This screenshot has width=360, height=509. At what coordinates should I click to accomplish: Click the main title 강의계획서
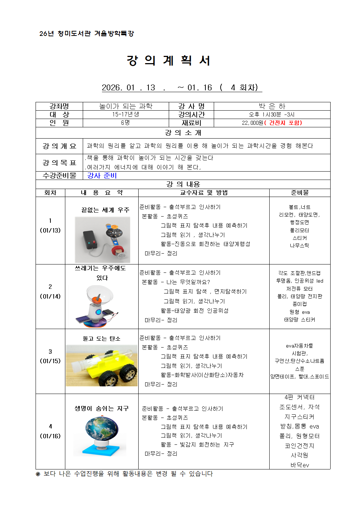(168, 61)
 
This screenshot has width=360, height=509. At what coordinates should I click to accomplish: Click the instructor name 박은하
(272, 106)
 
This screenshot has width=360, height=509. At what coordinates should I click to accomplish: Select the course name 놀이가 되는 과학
(126, 106)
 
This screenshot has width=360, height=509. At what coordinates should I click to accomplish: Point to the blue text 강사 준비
(102, 176)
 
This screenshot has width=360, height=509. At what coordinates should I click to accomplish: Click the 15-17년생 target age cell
(126, 115)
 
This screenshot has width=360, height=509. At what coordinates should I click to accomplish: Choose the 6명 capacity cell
(126, 123)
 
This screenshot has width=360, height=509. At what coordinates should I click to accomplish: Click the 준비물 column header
(300, 193)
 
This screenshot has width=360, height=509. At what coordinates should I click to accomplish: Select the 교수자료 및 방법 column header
(204, 193)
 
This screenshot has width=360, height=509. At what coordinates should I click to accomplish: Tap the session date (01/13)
(50, 230)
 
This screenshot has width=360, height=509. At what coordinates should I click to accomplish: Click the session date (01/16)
(50, 436)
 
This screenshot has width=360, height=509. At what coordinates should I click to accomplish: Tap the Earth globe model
(102, 429)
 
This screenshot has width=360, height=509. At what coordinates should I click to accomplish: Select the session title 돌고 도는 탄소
(102, 338)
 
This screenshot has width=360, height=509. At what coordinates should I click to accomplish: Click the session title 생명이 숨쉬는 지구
(102, 409)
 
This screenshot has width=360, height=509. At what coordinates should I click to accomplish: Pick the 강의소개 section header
(183, 133)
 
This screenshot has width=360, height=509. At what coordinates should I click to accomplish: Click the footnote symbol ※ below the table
(38, 474)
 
